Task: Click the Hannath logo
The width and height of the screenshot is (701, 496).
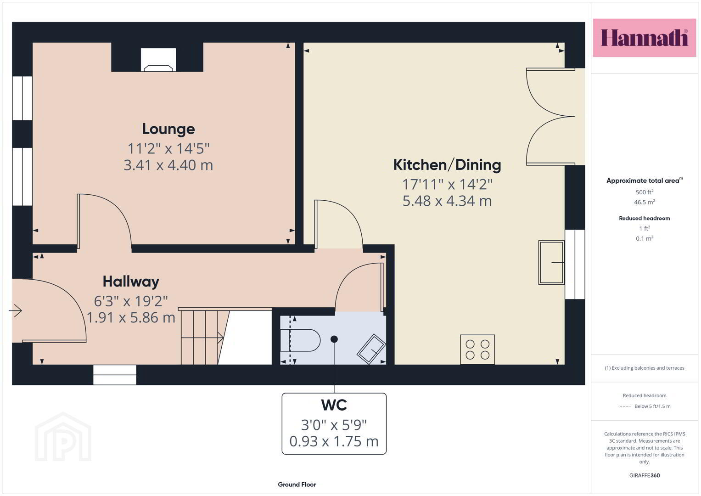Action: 645,38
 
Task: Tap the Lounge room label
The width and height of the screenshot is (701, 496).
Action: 168,129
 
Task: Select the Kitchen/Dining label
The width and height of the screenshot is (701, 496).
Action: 447,165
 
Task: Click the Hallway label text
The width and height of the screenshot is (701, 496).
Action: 131,282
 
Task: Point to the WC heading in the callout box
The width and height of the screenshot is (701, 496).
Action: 334,405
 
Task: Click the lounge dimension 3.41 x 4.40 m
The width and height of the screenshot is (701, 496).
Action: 168,165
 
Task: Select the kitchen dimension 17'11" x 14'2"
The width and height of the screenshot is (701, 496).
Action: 447,184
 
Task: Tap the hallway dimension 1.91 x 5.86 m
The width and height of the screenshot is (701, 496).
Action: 131,317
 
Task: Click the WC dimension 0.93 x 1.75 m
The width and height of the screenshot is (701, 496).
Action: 334,441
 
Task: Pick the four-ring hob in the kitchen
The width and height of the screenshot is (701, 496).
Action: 477,349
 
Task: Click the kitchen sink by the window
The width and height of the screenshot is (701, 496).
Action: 551,262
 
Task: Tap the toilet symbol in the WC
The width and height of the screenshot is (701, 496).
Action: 300,340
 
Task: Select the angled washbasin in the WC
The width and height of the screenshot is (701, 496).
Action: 371,349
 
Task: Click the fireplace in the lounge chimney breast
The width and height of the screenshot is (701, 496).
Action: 158,60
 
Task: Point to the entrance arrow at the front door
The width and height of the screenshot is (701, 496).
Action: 15,310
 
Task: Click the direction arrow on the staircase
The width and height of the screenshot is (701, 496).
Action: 202,338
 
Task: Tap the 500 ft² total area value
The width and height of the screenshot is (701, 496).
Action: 645,192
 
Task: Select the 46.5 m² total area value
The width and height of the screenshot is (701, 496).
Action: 645,202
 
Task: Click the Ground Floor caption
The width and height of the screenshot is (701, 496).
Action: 297,485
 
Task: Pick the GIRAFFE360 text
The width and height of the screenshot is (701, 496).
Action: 645,475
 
